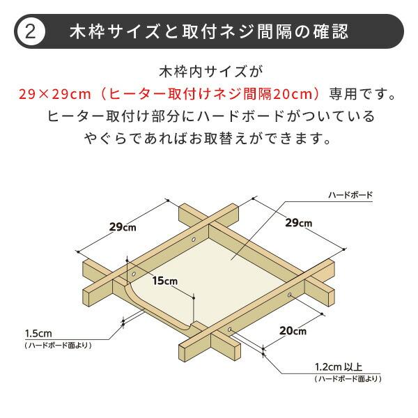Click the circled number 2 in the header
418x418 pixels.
coord(31,31)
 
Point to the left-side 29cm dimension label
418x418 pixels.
coord(123,226)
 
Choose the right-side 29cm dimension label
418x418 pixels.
coord(298,223)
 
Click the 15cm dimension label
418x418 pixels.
coord(165,281)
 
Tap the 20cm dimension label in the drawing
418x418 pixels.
coord(293,331)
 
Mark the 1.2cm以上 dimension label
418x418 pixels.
coord(339,367)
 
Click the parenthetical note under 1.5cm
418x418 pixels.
coord(58,345)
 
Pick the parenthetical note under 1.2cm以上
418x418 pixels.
coord(348,378)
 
